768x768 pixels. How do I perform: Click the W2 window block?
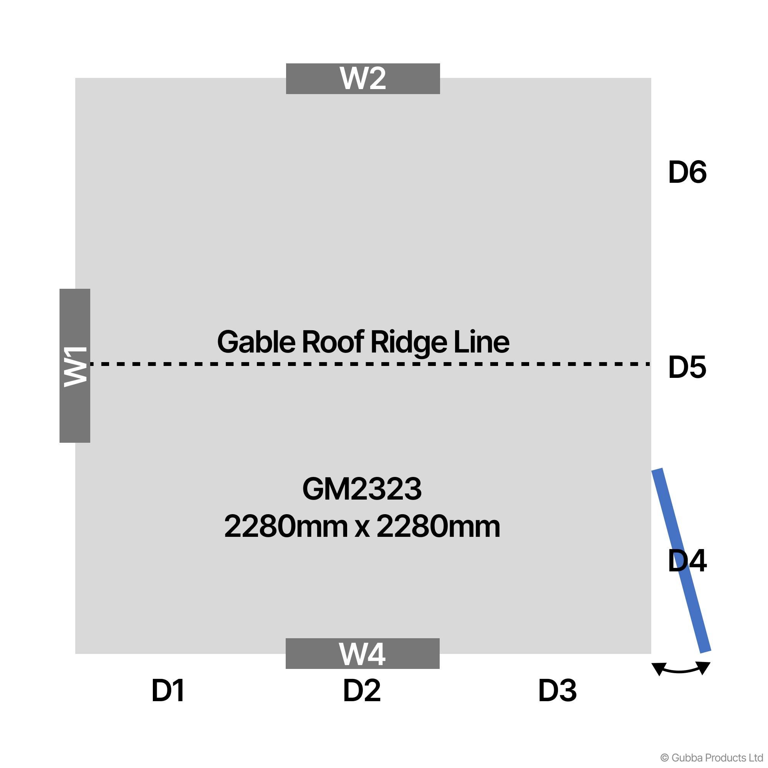pyautogui.click(x=363, y=79)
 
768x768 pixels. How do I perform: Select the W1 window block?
pyautogui.click(x=75, y=366)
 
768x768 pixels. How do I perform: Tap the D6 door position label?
pyautogui.click(x=687, y=172)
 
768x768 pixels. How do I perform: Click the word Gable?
pyautogui.click(x=257, y=342)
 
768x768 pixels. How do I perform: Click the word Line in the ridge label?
pyautogui.click(x=482, y=342)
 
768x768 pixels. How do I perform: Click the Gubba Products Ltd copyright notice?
pyautogui.click(x=712, y=758)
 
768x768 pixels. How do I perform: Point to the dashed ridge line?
pyautogui.click(x=371, y=364)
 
